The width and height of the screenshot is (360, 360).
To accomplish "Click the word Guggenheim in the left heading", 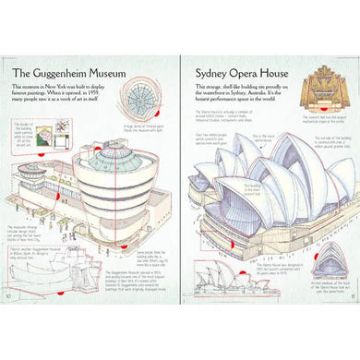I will (78, 72).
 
